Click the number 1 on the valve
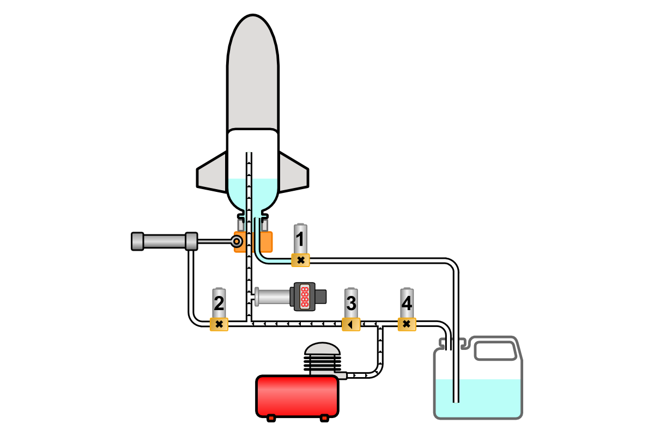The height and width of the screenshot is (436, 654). point(300,239)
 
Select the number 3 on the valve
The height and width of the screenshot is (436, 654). point(352,302)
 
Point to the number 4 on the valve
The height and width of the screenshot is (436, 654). point(407,302)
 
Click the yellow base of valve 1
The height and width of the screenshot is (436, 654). point(300,260)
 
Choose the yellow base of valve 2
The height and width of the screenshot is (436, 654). point(219,325)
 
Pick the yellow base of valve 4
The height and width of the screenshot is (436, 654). point(407,325)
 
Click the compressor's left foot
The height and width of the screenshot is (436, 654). point(271,418)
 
